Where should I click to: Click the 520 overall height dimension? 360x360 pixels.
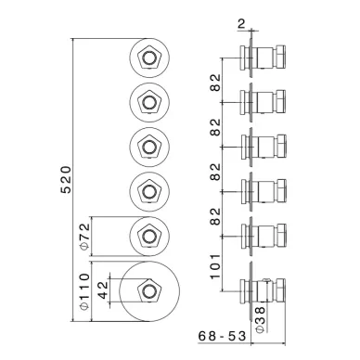66,180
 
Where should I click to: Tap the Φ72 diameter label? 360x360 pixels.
84,237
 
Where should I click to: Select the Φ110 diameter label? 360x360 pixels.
84,291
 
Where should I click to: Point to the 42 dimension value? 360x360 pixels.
104,289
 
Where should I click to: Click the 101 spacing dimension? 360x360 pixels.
215,266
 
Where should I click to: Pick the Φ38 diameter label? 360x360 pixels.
261,320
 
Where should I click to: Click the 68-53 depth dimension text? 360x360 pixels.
223,336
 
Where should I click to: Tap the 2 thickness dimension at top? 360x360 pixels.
241,24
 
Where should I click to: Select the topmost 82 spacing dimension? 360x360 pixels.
215,83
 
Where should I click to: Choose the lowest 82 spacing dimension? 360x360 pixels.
215,216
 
